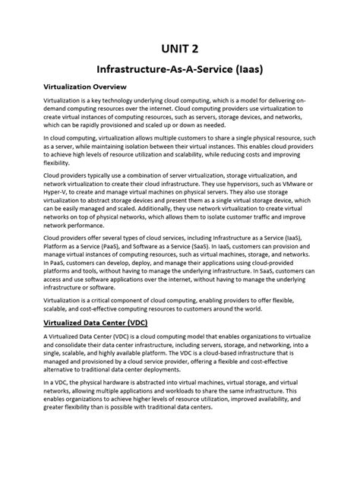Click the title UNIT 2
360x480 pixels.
[x=180, y=48]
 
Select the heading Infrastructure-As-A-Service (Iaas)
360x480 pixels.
[x=180, y=69]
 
